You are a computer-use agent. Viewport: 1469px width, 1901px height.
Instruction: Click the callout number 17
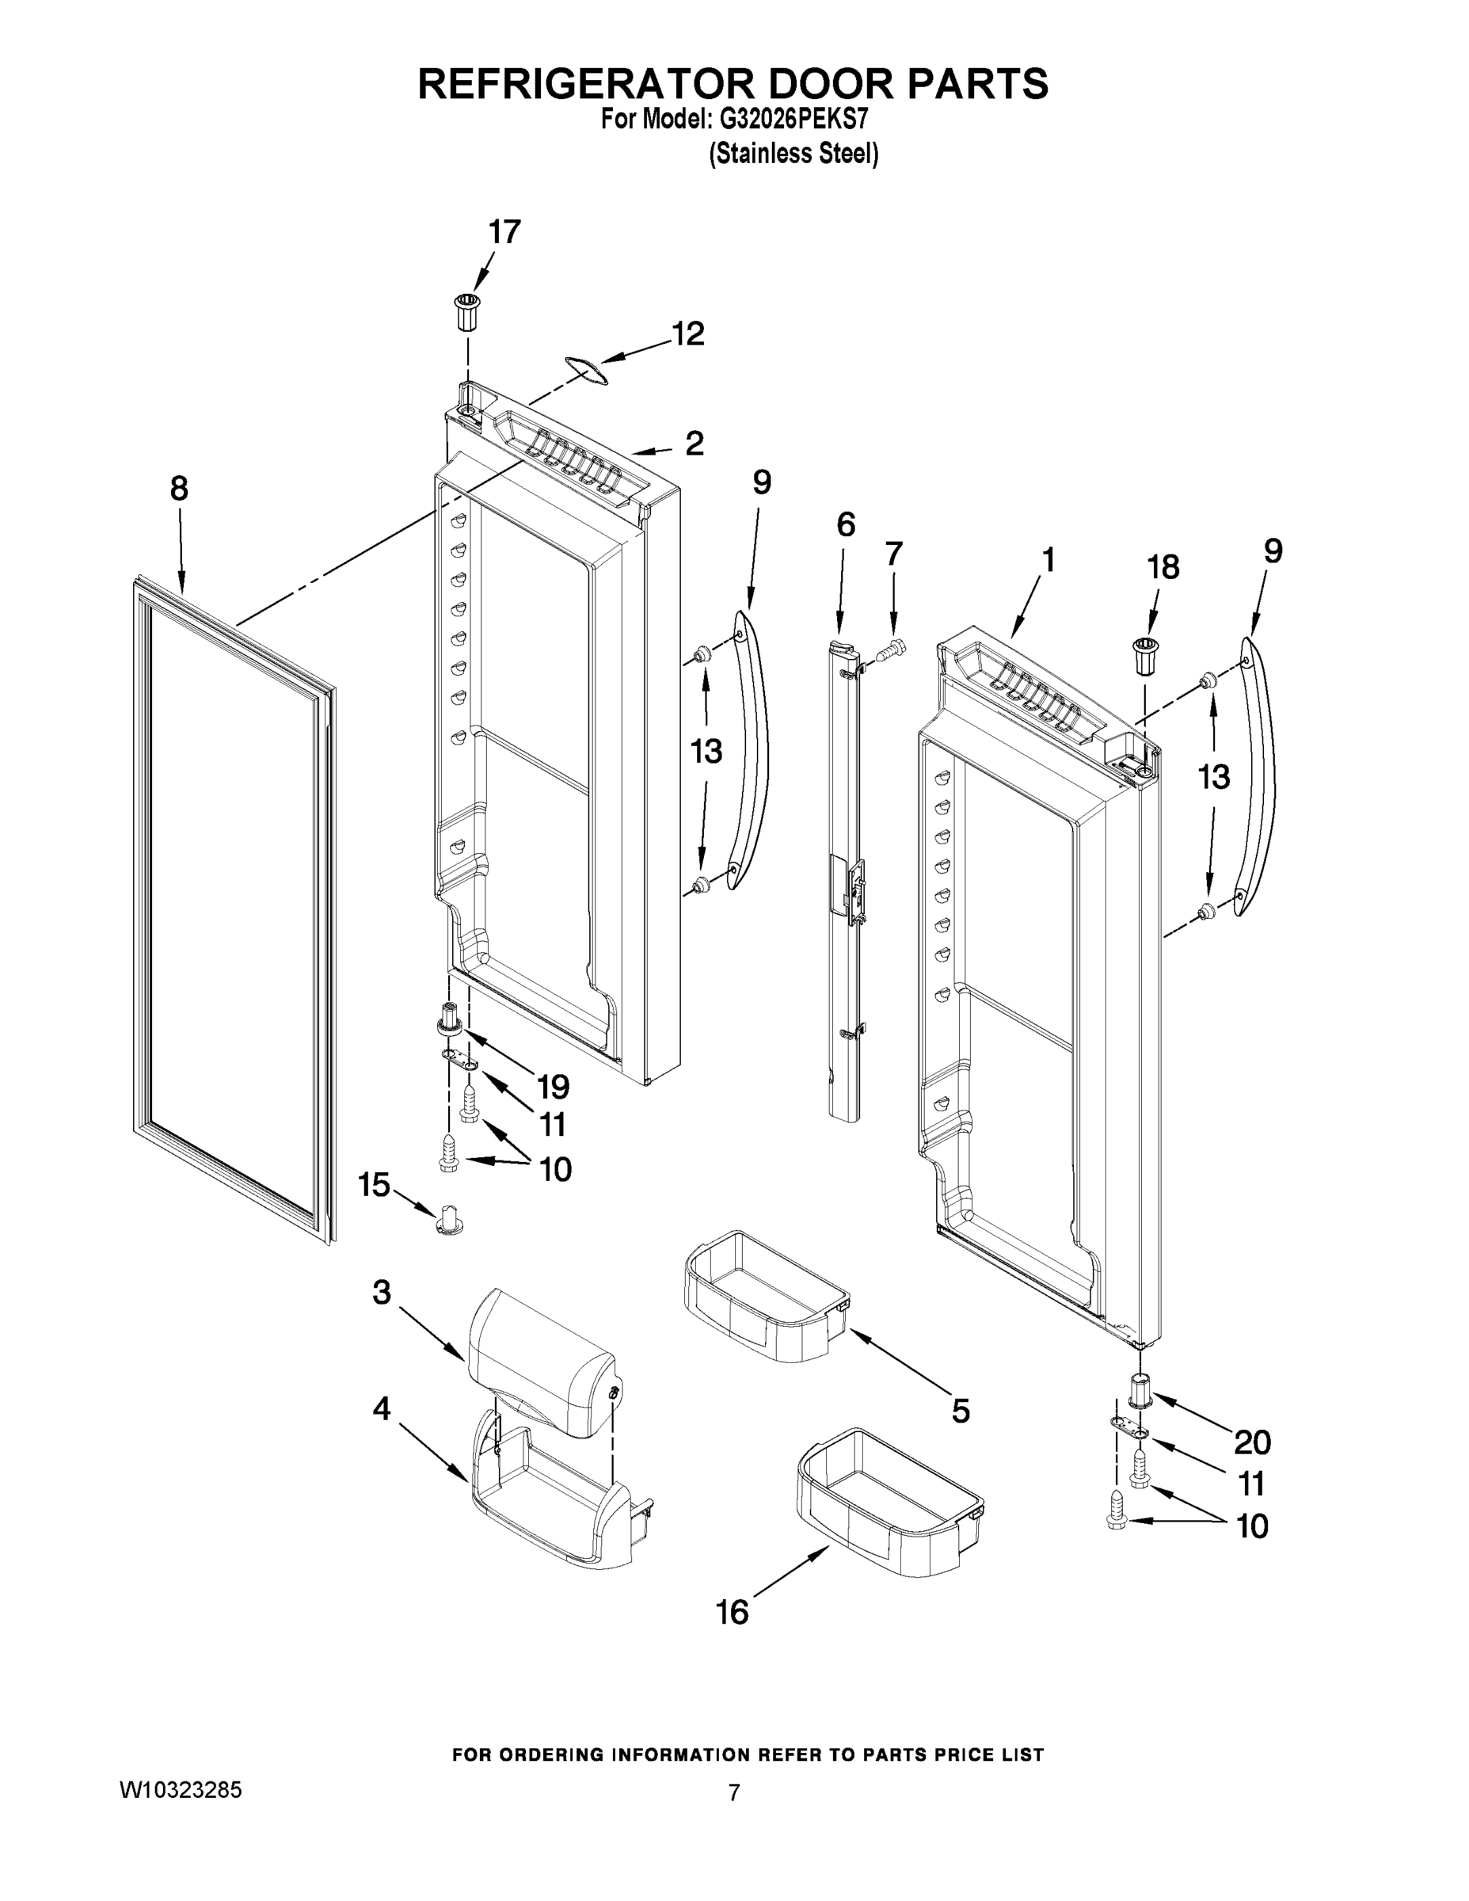click(x=504, y=232)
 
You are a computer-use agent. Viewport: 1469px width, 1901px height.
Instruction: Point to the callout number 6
click(x=845, y=524)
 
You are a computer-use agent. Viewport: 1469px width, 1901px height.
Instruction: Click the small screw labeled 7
click(x=894, y=650)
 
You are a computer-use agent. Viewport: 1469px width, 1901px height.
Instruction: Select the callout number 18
click(x=1163, y=566)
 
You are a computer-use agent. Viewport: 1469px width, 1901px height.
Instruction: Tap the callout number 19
click(x=554, y=1086)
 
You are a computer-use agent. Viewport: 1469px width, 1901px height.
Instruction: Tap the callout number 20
click(x=1252, y=1442)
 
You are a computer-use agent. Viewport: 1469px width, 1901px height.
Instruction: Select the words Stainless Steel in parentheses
click(x=793, y=154)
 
